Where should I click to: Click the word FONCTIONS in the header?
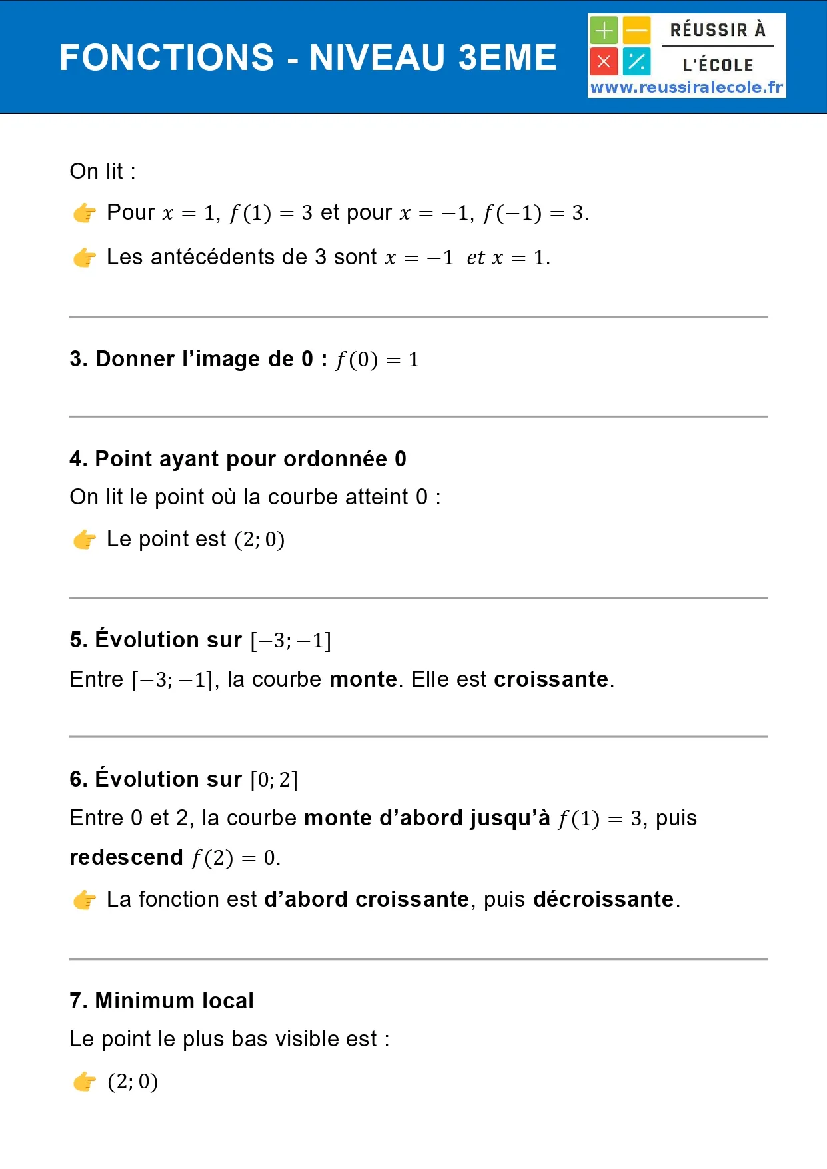coord(167,57)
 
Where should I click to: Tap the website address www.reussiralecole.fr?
coord(686,87)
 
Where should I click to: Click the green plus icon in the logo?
coord(604,30)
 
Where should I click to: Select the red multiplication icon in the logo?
coord(604,62)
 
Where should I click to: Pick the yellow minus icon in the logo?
coord(637,30)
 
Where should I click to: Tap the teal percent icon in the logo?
coord(637,62)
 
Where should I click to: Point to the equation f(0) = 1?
coord(377,360)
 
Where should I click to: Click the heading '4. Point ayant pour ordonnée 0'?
coord(237,459)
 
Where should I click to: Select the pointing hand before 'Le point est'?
coord(85,540)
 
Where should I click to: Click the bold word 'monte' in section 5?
coord(363,679)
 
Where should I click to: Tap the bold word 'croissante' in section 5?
coord(551,679)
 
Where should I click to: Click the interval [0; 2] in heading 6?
coord(274,779)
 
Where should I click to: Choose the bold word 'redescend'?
coord(126,857)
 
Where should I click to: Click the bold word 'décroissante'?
coord(603,899)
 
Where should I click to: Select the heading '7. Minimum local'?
coord(161,1001)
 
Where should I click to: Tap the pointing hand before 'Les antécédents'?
coord(85,258)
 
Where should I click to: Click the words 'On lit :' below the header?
coord(103,171)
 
